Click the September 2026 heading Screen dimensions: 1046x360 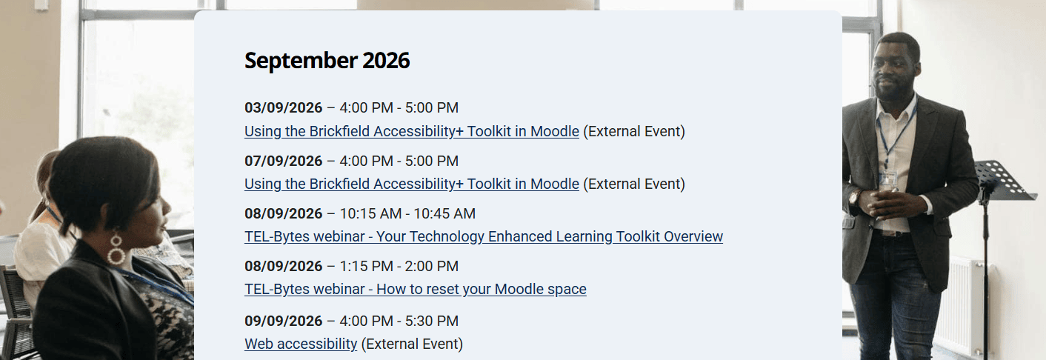(x=327, y=61)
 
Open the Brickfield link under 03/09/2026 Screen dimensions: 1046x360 (x=412, y=132)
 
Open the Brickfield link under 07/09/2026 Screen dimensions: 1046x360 (x=412, y=184)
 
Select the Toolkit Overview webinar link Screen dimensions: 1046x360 (x=484, y=237)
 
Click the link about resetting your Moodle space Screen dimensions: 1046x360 (x=416, y=290)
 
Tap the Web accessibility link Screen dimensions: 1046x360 (x=301, y=344)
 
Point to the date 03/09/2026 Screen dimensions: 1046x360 (x=284, y=108)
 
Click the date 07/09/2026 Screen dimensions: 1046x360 (x=284, y=161)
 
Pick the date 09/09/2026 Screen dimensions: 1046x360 (x=284, y=321)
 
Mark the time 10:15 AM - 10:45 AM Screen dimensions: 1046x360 (x=407, y=214)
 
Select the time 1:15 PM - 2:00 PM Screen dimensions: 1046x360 (x=399, y=266)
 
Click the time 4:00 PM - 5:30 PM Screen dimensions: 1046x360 (x=399, y=321)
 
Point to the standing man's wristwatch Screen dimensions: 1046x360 (x=854, y=196)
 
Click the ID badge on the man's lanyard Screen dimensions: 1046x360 (x=887, y=179)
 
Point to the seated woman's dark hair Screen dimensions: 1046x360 (x=98, y=178)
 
